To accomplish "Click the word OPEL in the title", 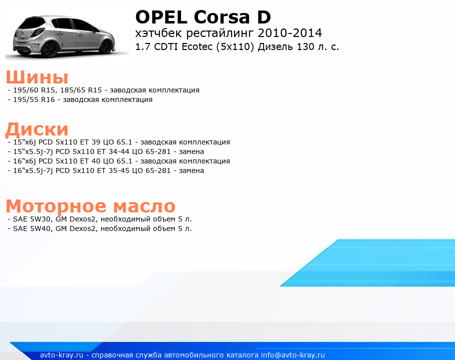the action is (161, 17).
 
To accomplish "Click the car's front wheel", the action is (107, 46).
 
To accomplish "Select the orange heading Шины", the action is (37, 77).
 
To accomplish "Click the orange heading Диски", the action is (37, 129).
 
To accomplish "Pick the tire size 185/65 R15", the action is (81, 90).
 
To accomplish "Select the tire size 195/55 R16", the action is (34, 100).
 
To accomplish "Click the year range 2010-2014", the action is (290, 33).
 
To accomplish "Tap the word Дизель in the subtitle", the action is (275, 46).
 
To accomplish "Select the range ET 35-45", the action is (113, 170).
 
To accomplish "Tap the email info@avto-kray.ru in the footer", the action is (293, 355).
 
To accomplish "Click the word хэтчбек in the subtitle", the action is (158, 33).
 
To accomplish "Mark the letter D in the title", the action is (264, 17).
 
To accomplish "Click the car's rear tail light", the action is (37, 32).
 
